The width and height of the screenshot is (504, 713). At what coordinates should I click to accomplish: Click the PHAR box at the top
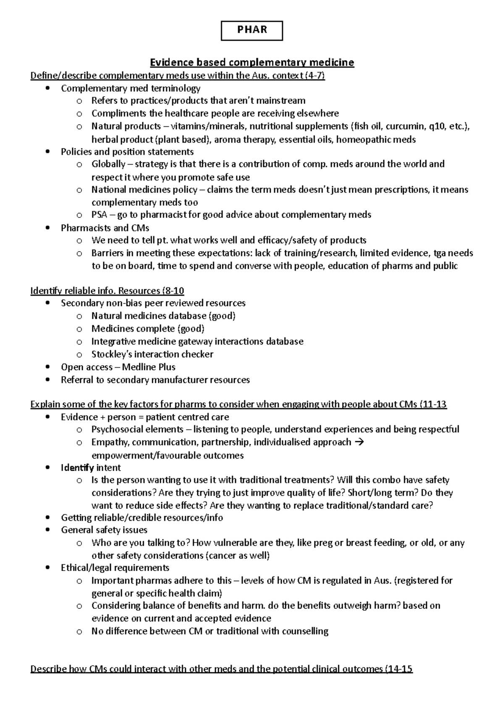(x=252, y=31)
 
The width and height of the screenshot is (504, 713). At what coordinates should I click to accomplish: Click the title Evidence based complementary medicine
(x=252, y=63)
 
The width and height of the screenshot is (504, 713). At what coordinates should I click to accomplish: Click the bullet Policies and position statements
(x=127, y=152)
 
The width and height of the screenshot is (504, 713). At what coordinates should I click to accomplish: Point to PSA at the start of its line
(x=99, y=215)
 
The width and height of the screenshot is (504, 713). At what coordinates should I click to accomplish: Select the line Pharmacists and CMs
(x=105, y=228)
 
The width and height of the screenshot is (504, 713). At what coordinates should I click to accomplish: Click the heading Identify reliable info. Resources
(x=107, y=291)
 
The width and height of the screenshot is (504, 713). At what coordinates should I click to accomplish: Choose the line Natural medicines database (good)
(x=163, y=316)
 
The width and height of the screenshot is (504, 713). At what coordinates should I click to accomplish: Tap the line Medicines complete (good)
(x=148, y=328)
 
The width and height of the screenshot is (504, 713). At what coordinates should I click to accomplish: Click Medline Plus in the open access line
(x=149, y=367)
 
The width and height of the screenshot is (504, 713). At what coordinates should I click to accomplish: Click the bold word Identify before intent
(x=77, y=468)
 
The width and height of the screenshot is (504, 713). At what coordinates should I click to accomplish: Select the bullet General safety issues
(x=104, y=530)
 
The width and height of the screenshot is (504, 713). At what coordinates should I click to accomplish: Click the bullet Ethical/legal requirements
(x=115, y=568)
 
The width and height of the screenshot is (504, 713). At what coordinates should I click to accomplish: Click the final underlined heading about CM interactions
(x=221, y=669)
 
